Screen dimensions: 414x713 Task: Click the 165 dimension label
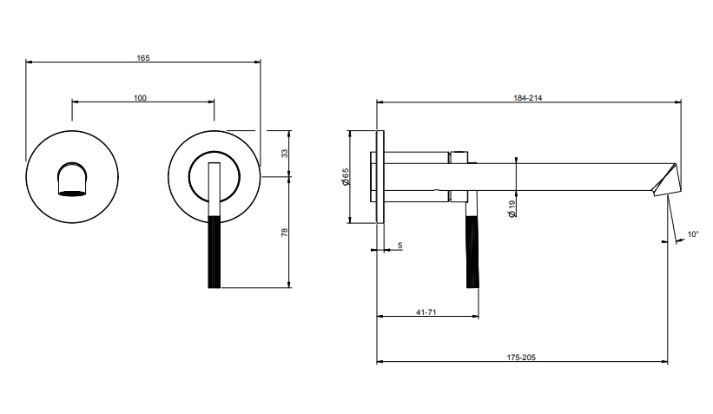(x=143, y=57)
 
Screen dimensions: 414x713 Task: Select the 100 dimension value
(x=141, y=97)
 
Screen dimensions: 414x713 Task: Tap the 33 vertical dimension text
(x=284, y=153)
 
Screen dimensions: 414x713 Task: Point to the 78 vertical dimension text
(x=284, y=232)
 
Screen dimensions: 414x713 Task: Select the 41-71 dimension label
(x=426, y=312)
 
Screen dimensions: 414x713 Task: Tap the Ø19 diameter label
(x=512, y=207)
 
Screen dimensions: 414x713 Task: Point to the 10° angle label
(x=693, y=234)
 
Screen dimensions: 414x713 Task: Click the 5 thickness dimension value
(x=399, y=246)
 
